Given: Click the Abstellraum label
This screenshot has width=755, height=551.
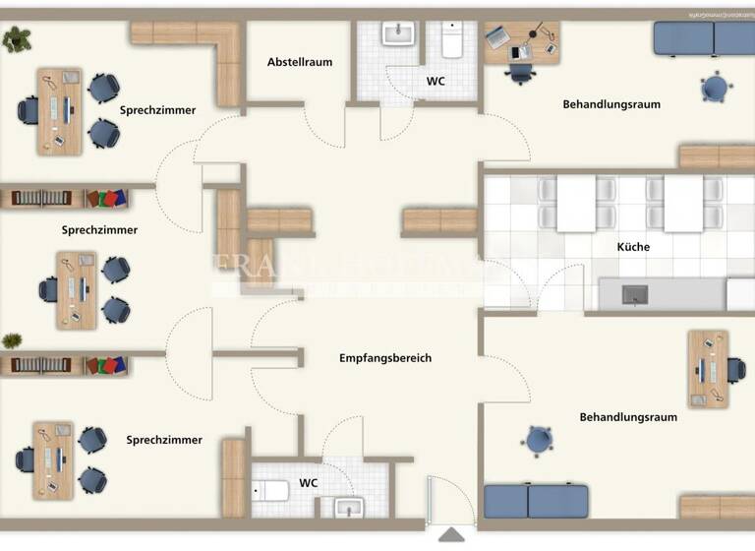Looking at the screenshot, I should coord(300,62).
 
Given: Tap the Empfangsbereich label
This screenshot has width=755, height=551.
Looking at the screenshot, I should coord(385,358).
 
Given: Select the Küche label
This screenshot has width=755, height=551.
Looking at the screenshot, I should coord(633,247).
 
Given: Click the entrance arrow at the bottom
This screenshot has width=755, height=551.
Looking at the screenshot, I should coord(451,534).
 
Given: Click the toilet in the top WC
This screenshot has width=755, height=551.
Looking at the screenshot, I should coord(452,41).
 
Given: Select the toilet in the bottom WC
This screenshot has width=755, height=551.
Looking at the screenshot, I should coord(270,489).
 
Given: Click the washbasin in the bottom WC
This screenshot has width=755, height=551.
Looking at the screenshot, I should coord(349,506).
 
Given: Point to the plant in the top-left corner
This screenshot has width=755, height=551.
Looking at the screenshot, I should coord(17,39).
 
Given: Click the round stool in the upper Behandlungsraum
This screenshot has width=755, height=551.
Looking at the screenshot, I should coord(716,89).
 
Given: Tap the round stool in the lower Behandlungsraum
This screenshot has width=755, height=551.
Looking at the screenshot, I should coord(539,440).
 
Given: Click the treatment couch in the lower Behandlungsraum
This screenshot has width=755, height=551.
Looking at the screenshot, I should coord(536,501).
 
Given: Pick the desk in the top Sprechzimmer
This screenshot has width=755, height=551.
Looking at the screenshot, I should coord(60,110).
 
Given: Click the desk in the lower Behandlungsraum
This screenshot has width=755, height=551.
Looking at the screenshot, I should coord(708,368).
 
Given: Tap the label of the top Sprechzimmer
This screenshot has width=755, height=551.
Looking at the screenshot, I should coord(157,110).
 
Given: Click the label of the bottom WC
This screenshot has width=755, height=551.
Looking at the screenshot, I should coord(309,483).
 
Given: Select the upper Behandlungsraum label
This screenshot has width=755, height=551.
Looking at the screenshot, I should coord(611,103).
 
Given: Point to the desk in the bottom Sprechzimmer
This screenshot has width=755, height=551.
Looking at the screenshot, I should coord(53,460).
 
